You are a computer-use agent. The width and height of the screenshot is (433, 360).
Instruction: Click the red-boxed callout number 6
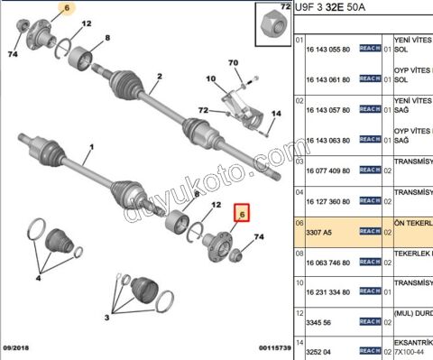(241, 214)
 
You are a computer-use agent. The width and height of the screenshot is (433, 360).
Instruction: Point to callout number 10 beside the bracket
(209, 79)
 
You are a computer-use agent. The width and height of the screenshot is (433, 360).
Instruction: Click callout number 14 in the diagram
(276, 113)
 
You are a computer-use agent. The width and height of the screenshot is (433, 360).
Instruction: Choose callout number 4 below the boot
(39, 279)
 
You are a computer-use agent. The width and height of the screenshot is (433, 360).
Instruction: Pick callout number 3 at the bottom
(107, 318)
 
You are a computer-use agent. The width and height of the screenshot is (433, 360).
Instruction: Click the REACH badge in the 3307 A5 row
(370, 232)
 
